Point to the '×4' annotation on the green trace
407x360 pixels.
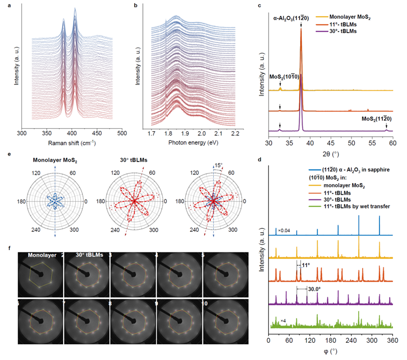click(x=283, y=321)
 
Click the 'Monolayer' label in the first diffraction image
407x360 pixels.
click(x=42, y=255)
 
